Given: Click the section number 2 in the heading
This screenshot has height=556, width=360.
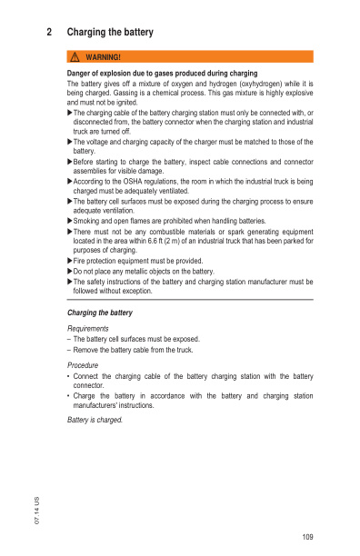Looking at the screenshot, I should (48, 33).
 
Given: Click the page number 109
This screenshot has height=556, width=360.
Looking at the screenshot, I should (306, 538).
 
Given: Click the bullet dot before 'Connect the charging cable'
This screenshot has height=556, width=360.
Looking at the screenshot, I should (69, 375).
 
